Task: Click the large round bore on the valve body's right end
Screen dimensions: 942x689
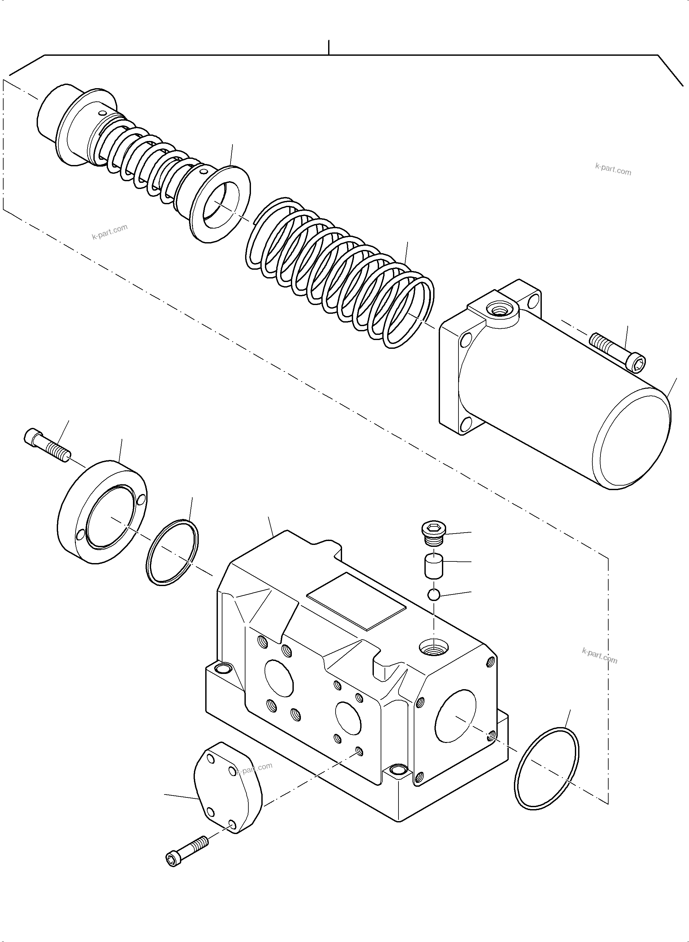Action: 455,715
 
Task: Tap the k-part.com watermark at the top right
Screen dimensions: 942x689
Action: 613,169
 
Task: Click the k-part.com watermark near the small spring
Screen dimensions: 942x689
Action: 109,232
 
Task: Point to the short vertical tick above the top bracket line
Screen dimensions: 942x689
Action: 329,47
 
